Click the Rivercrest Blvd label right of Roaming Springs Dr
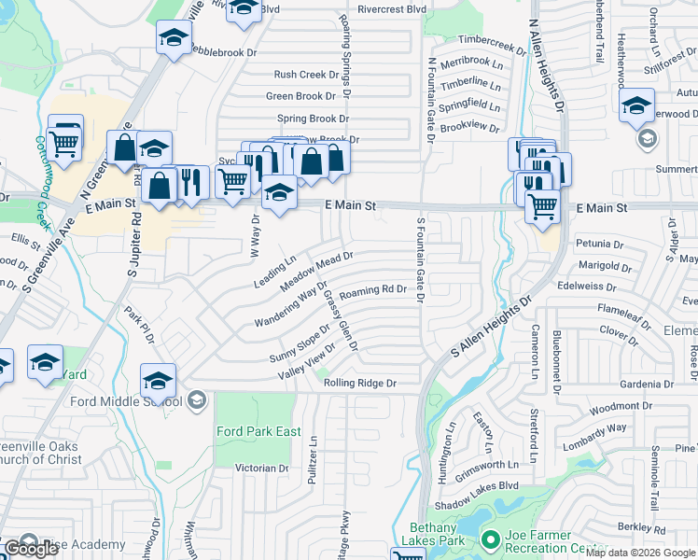[391, 10]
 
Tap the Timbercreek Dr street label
[491, 44]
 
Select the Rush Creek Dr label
[305, 75]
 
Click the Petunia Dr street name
[599, 245]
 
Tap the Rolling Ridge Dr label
[359, 384]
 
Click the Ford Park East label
[258, 431]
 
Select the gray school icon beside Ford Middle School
[196, 401]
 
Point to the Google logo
[31, 549]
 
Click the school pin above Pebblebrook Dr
[174, 38]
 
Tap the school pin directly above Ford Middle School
[159, 380]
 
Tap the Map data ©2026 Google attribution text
[640, 553]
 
